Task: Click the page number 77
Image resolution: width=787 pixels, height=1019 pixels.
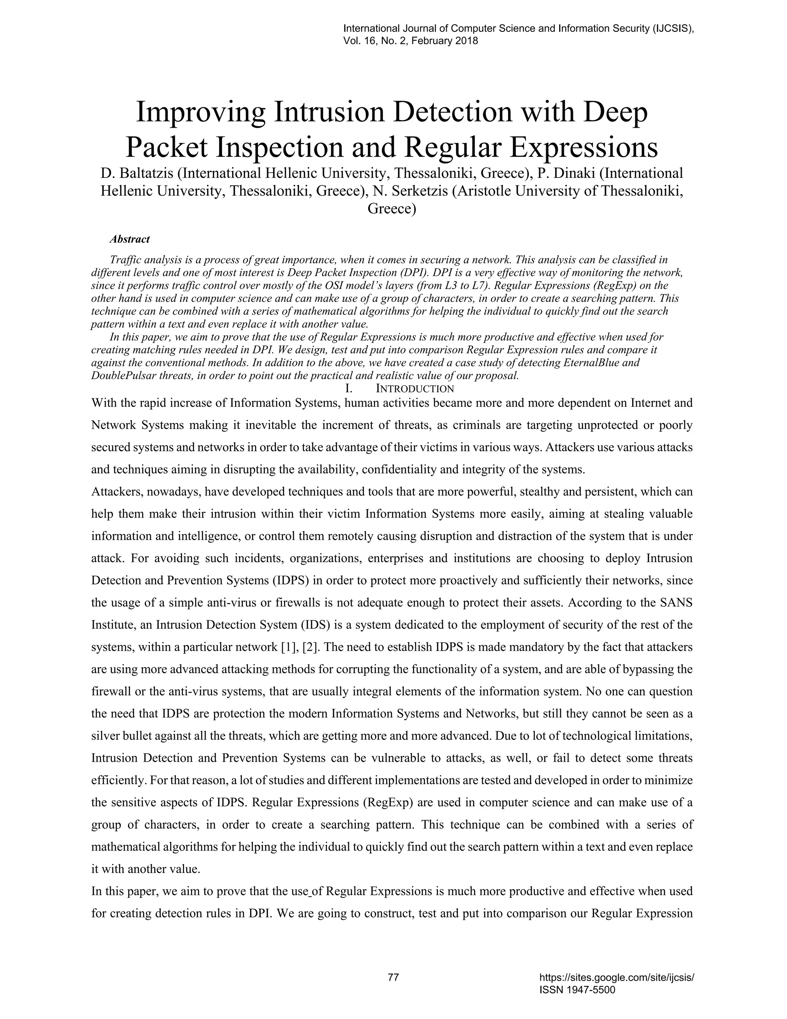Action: click(393, 977)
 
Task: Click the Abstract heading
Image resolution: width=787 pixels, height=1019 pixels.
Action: click(130, 239)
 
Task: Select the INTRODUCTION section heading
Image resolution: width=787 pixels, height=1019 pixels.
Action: click(415, 389)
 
